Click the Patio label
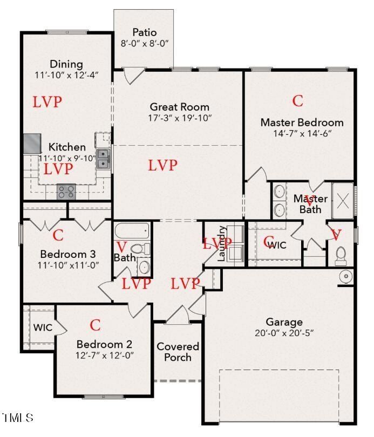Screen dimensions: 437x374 [x=145, y=32]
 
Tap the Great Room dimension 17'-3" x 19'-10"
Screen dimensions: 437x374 [x=180, y=118]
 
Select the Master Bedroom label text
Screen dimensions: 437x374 [x=302, y=122]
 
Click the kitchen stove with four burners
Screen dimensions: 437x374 [x=66, y=191]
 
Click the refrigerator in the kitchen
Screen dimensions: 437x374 [x=31, y=144]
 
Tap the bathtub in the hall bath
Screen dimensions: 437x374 [x=132, y=232]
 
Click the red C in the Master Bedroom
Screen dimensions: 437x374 [x=298, y=101]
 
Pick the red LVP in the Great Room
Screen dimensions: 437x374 [x=162, y=166]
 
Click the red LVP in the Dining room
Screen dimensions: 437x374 [x=47, y=101]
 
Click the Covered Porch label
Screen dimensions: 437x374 [x=178, y=352]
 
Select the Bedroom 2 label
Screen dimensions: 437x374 [x=105, y=344]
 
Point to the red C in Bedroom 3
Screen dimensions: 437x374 [x=58, y=235]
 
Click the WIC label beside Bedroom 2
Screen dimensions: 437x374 [x=43, y=327]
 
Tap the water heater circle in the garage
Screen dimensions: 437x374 [x=345, y=277]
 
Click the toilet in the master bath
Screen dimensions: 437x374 [x=341, y=255]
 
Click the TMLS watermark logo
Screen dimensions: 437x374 [x=18, y=418]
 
